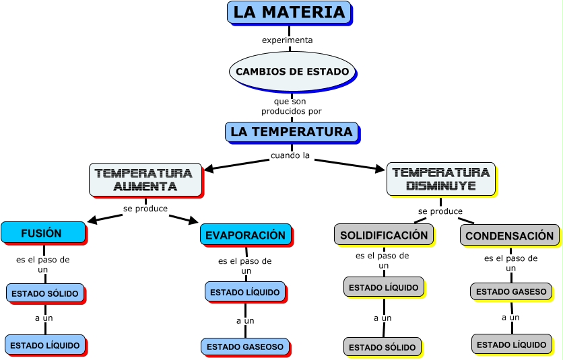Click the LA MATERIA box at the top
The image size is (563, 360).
coord(289,12)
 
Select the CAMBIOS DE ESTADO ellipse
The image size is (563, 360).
coord(292,71)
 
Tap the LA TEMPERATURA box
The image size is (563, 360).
coord(291,132)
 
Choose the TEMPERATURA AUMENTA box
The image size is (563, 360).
coord(145,180)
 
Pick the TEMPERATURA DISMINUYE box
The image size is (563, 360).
coord(440,179)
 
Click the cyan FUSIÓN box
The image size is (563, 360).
coord(43,233)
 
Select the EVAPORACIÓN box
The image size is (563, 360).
coord(245,235)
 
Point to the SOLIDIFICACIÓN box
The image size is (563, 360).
coord(384,235)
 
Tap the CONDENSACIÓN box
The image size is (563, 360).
coord(509,236)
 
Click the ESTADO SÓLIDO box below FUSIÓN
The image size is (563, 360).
coord(45,293)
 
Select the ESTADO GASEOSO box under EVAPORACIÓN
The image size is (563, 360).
coord(244,347)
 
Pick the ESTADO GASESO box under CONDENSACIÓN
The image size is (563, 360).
coord(511,291)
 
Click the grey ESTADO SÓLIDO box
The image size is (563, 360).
coord(382,347)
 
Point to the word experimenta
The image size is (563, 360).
coord(288,40)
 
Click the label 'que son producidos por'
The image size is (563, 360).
coord(292,106)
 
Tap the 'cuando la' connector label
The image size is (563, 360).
coord(290,155)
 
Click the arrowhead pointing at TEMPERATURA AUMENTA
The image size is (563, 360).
coord(208,169)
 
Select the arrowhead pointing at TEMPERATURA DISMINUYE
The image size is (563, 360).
coord(380,169)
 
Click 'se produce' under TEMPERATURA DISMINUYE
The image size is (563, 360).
coord(440,211)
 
